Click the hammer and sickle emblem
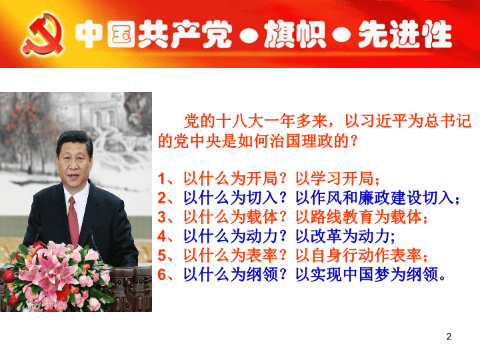[x=43, y=34]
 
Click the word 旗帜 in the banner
[x=295, y=34]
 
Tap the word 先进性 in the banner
[x=405, y=34]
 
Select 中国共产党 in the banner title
[x=153, y=34]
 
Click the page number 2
[x=449, y=337]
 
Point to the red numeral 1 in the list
[x=162, y=179]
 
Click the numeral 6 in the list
[x=162, y=275]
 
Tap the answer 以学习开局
[x=334, y=179]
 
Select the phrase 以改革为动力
[x=342, y=236]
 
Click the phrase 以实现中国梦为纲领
[x=367, y=274]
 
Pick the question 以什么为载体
[x=231, y=217]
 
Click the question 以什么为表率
[x=231, y=255]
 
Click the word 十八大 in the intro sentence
[x=240, y=121]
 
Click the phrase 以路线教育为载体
[x=359, y=217]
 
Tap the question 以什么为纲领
[x=231, y=274]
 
